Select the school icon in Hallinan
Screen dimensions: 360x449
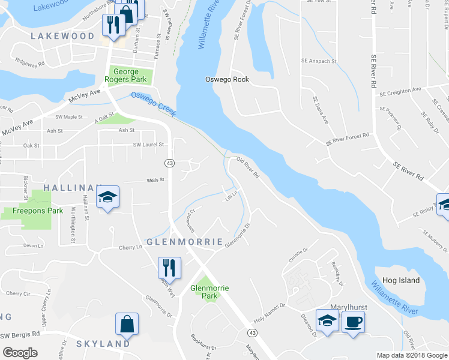point(107,197)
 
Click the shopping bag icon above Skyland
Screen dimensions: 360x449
point(127,325)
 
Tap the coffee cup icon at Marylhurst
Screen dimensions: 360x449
point(353,322)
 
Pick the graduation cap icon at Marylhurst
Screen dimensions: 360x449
point(327,322)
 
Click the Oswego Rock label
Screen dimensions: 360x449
point(227,79)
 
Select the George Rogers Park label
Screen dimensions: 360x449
point(130,76)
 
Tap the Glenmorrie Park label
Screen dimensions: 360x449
point(209,292)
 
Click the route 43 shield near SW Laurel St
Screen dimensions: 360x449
point(170,163)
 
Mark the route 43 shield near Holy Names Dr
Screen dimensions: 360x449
point(252,332)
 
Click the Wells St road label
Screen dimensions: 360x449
point(155,180)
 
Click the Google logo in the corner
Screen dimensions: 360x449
point(20,353)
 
